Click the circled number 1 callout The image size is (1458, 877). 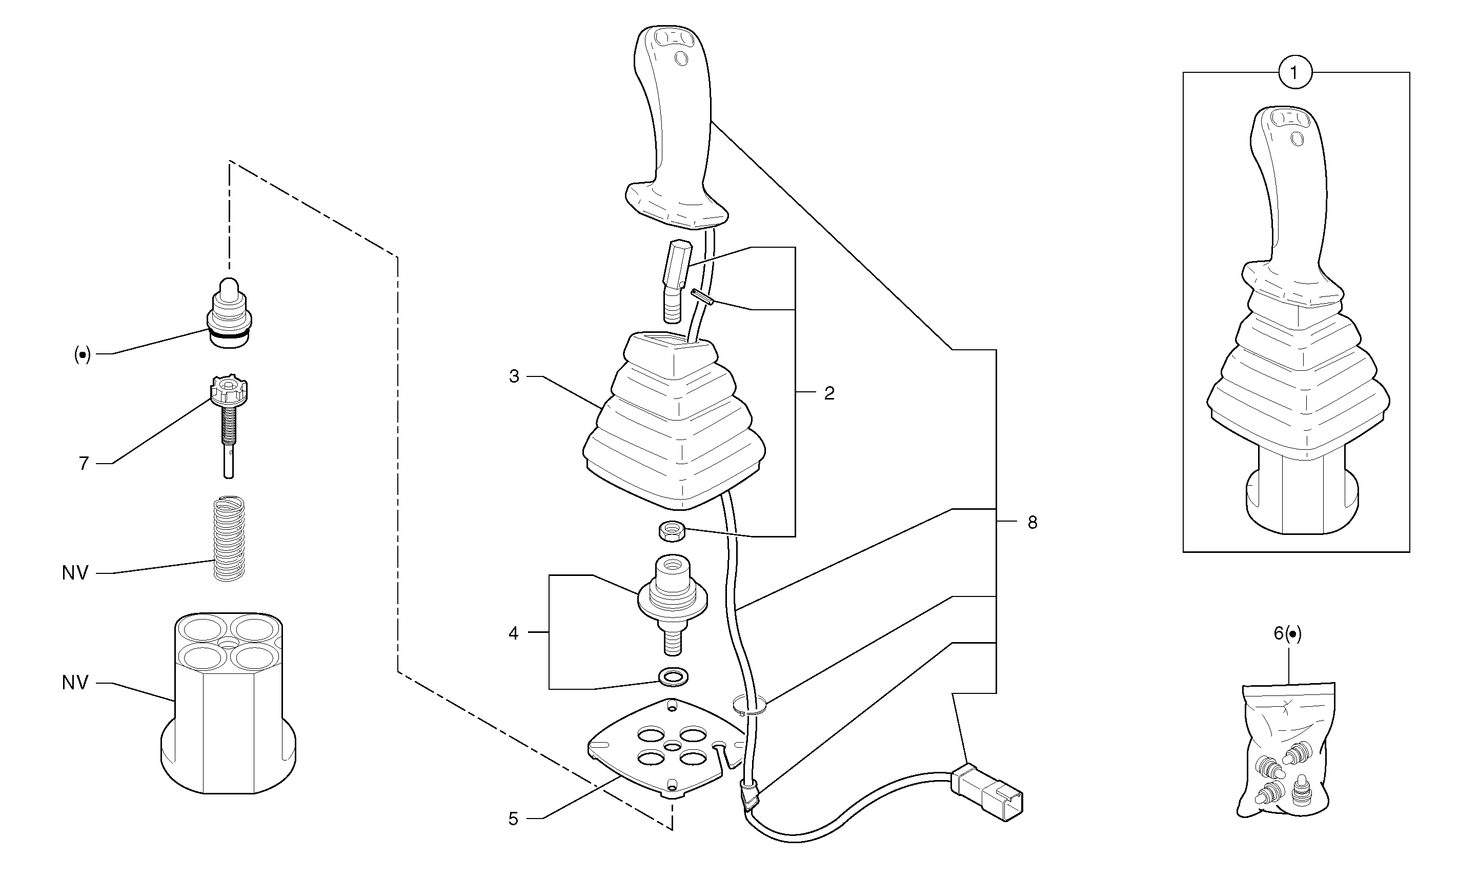coord(1295,73)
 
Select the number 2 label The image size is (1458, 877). coord(829,393)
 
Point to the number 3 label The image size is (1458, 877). coord(514,376)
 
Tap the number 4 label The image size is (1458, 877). coord(513,633)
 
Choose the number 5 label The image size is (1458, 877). coord(513,819)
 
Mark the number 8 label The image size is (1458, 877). coord(1032,523)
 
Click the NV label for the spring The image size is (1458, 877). coord(75,573)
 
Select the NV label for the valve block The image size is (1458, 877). coord(75,683)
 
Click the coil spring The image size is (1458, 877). coord(229,539)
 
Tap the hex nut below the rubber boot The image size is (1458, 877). coord(672,530)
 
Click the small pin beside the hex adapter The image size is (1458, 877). coord(702,295)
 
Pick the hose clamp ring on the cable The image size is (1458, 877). coord(749,706)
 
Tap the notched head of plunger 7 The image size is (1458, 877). coord(229,390)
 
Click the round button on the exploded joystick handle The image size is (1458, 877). coord(681,59)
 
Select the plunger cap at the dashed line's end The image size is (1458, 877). coord(229,313)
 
